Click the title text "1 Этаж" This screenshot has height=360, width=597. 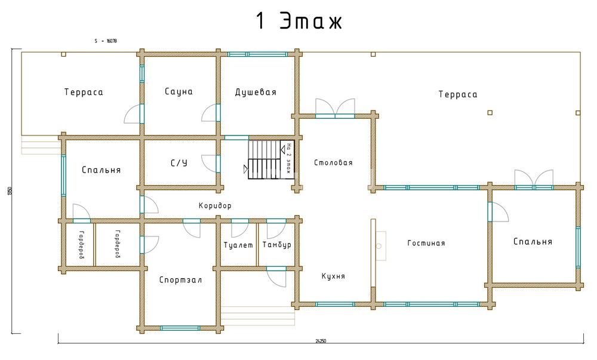click(299, 21)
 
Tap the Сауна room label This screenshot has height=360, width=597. click(179, 92)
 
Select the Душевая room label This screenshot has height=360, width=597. click(256, 92)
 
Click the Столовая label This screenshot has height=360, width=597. click(333, 162)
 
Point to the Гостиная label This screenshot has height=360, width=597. click(426, 243)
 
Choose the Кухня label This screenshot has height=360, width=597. click(333, 276)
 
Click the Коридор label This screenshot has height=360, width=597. click(215, 205)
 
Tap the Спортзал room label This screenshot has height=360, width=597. click(177, 280)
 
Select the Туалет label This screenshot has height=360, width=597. click(238, 245)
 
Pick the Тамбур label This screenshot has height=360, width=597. click(276, 245)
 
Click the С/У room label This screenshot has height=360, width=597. click(179, 163)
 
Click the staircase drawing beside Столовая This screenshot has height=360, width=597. click(264, 159)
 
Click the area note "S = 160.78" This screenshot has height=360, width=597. click(106, 41)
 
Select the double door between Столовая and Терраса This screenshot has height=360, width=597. click(335, 109)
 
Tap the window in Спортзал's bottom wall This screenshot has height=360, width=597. click(180, 328)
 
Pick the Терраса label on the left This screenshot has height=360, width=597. click(84, 92)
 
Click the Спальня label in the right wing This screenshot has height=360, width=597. click(533, 242)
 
